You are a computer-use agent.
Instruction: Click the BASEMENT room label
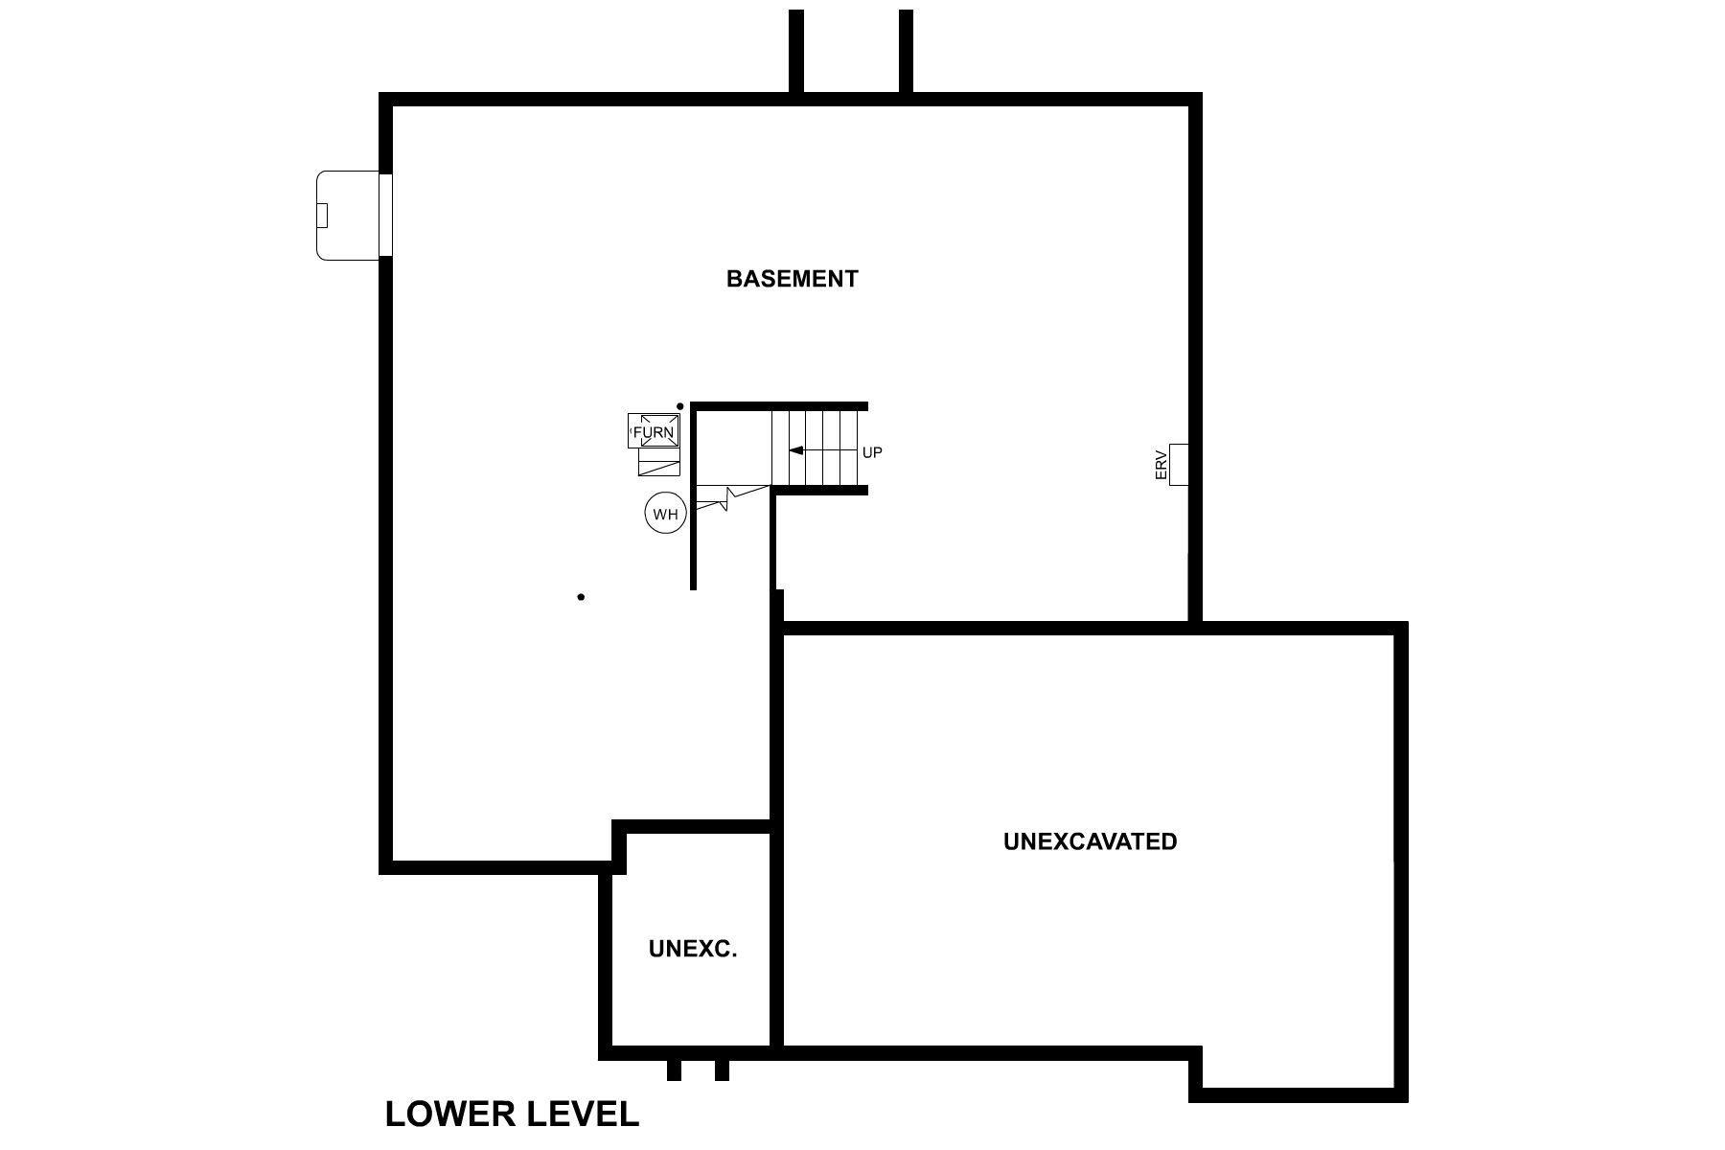(792, 279)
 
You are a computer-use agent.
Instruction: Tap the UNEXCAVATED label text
(1090, 841)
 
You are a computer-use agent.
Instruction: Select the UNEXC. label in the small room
(692, 950)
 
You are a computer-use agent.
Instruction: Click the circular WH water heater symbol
(665, 514)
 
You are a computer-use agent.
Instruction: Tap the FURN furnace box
(654, 431)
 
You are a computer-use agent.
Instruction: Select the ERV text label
(1161, 465)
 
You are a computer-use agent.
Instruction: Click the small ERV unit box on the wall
(1180, 464)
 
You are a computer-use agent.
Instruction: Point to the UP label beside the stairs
(871, 452)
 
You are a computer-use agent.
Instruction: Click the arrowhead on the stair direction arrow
(794, 449)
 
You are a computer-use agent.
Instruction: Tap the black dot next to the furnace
(680, 406)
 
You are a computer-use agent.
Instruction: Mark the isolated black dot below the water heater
(581, 597)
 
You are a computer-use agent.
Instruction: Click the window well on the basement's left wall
(347, 215)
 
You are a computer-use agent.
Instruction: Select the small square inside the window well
(323, 215)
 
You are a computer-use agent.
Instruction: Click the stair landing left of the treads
(733, 448)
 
